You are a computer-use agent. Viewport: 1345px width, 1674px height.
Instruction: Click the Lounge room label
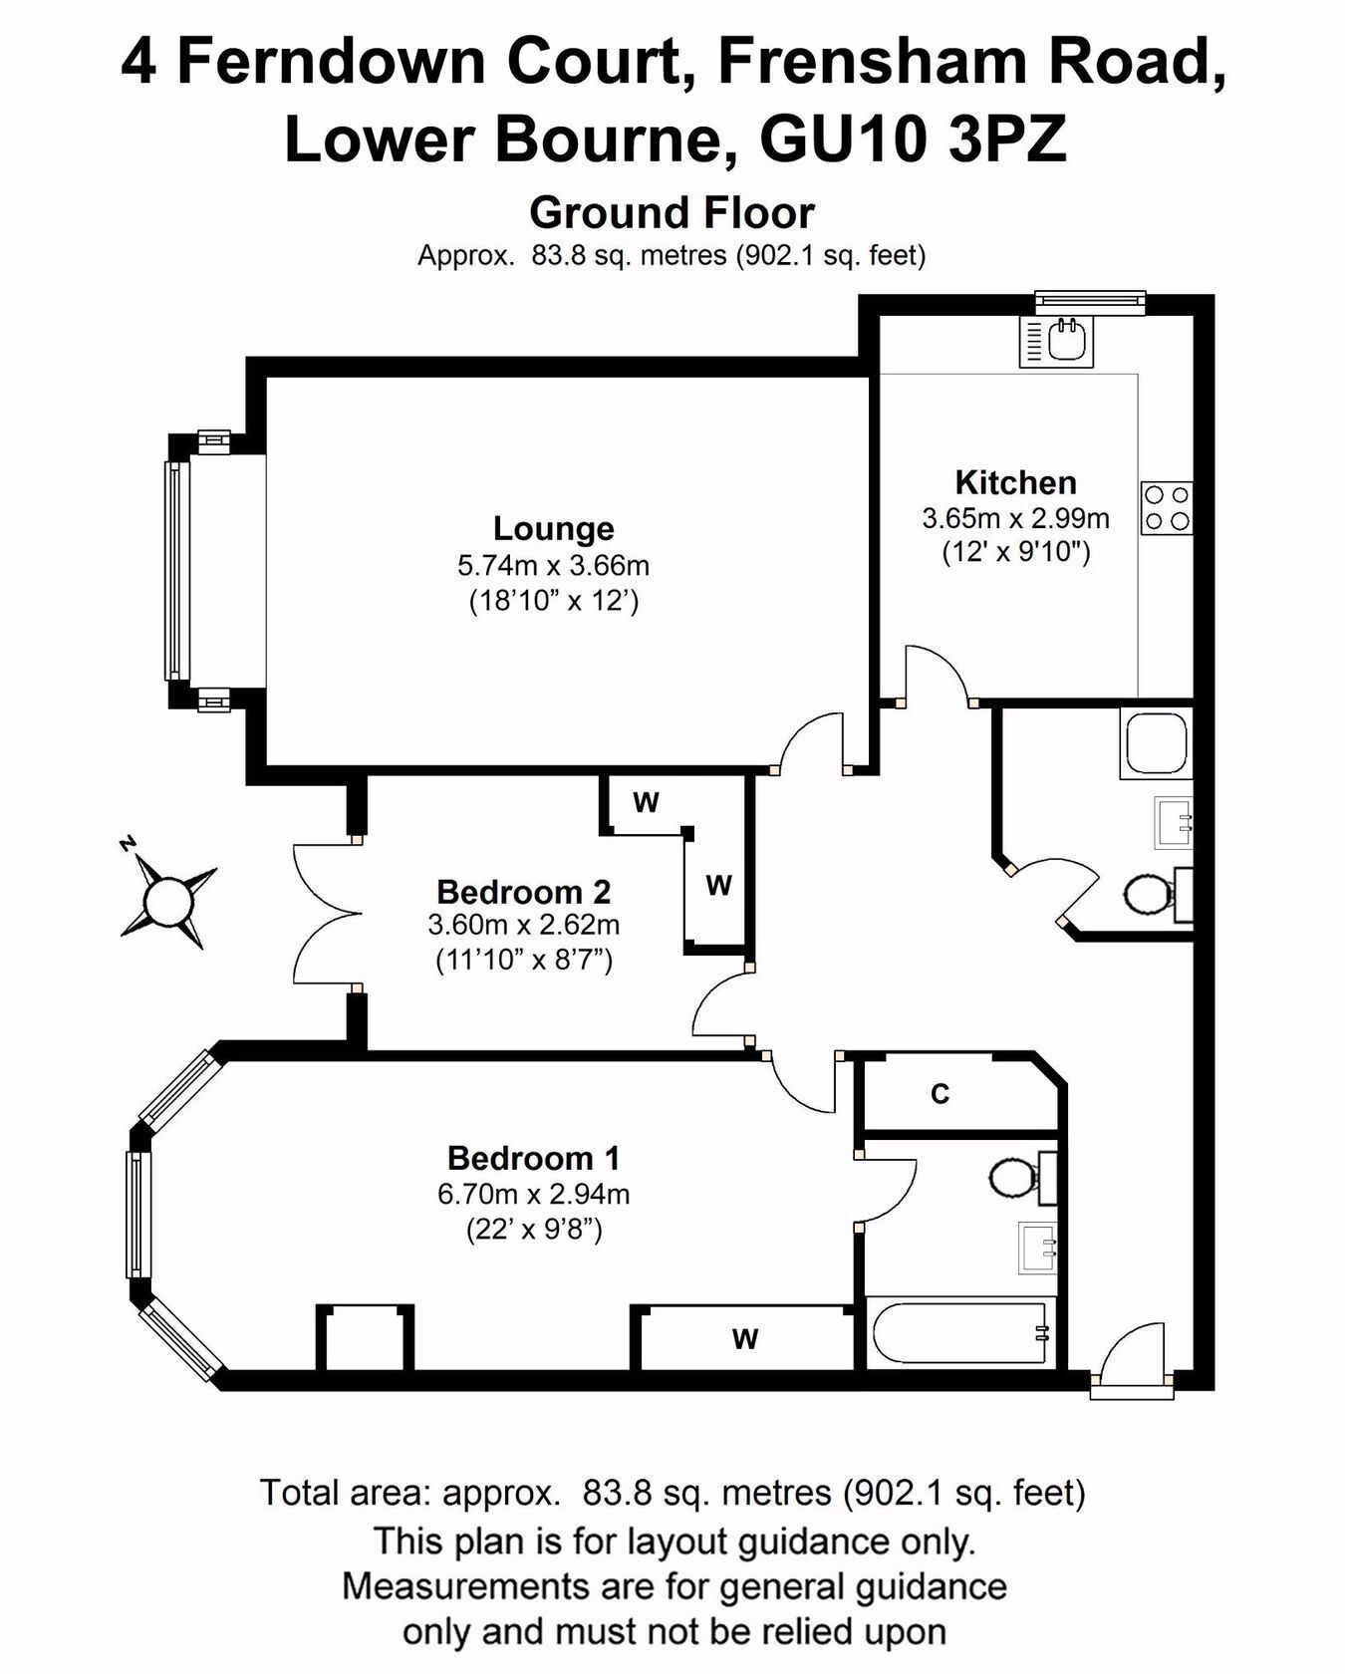(x=553, y=528)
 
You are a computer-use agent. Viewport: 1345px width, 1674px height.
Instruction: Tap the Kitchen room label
(x=1015, y=482)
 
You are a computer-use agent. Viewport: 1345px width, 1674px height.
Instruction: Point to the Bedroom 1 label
(x=533, y=1158)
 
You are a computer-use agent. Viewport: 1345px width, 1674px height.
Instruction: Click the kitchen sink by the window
(x=1055, y=342)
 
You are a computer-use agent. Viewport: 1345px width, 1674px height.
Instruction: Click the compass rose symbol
(x=165, y=898)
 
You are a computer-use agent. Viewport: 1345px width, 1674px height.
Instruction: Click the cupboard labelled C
(x=958, y=1094)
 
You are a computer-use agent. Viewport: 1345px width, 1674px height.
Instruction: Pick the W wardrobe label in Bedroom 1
(x=744, y=1339)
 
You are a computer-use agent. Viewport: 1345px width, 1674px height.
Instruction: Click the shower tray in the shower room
(x=1156, y=743)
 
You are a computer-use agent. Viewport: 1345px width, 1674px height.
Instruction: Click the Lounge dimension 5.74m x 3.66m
(x=553, y=566)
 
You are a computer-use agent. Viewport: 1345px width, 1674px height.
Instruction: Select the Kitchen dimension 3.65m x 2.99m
(x=1015, y=518)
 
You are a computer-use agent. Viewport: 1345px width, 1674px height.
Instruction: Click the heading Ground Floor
(x=672, y=212)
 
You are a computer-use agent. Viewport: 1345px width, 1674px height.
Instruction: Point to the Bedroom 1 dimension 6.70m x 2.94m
(x=533, y=1194)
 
